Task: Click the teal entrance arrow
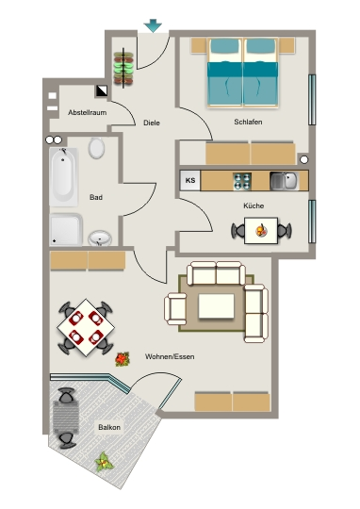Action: tap(153, 25)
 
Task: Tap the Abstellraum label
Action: tap(87, 113)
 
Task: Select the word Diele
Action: tap(152, 123)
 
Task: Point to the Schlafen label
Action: tap(248, 122)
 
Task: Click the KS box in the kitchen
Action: tap(190, 180)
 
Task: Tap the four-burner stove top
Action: tap(242, 181)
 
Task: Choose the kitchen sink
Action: tap(285, 181)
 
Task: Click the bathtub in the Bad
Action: tap(64, 177)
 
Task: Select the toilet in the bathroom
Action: tap(96, 148)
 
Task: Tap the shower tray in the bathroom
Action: tap(66, 229)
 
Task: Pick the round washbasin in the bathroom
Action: tap(100, 238)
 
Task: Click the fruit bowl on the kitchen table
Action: tap(261, 231)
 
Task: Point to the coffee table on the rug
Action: tap(216, 306)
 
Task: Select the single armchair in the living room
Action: tap(175, 308)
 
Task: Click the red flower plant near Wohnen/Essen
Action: tap(123, 359)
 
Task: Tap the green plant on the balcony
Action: tap(104, 462)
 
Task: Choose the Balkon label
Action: tap(109, 427)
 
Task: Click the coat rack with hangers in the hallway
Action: tap(123, 68)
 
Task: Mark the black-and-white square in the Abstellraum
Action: tap(102, 90)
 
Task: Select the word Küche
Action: tap(254, 205)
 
